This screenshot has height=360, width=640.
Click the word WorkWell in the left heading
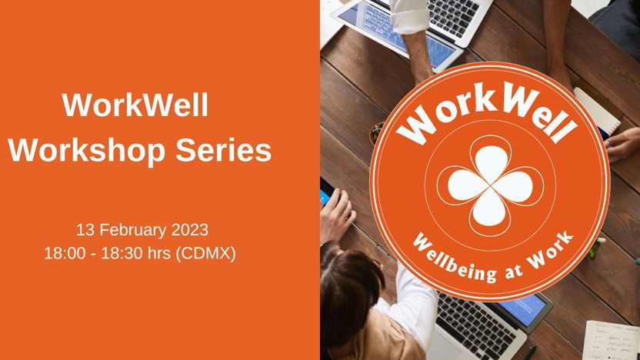pyautogui.click(x=135, y=105)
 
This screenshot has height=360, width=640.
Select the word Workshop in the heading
pyautogui.click(x=87, y=150)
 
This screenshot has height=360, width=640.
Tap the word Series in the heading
pyautogui.click(x=224, y=150)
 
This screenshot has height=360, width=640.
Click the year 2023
pyautogui.click(x=190, y=230)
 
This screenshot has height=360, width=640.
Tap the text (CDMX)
pyautogui.click(x=205, y=254)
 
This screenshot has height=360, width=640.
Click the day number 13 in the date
pyautogui.click(x=85, y=230)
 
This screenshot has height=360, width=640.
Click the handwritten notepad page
pyautogui.click(x=611, y=341)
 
